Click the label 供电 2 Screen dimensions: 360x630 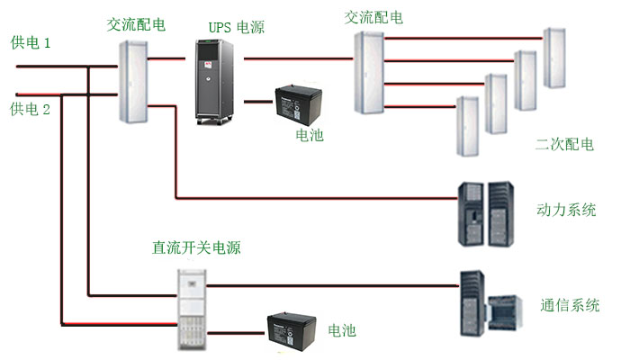click(x=31, y=110)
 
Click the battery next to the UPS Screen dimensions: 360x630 click(x=299, y=103)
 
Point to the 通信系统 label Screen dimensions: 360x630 click(x=571, y=305)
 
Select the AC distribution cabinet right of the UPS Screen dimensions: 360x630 click(x=367, y=73)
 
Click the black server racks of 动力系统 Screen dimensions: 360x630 click(x=485, y=215)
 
